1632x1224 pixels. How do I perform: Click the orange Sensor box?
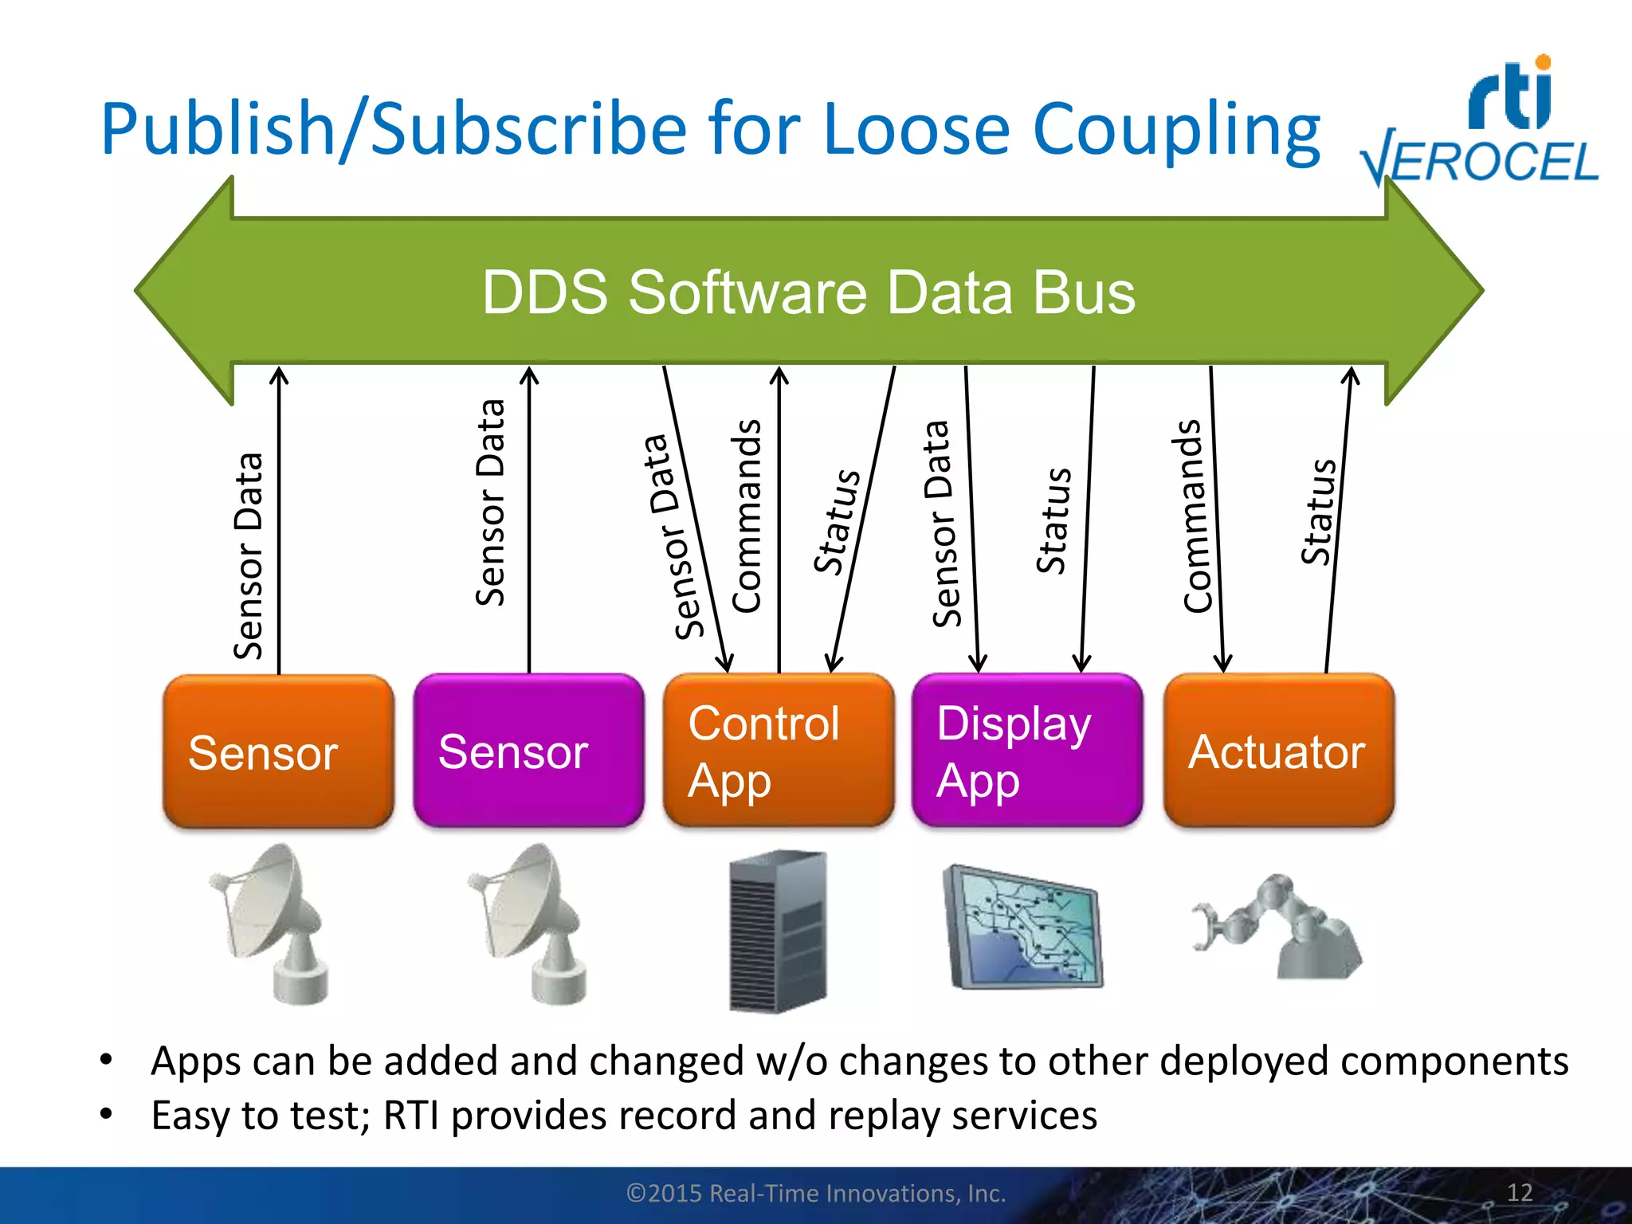point(278,751)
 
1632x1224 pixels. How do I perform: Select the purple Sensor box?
point(528,751)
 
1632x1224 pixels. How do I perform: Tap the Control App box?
point(779,751)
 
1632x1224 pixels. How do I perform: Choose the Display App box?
point(1027,751)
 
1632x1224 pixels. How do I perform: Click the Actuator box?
point(1278,751)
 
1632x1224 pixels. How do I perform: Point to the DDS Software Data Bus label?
point(808,292)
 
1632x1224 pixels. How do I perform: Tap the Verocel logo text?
point(1481,162)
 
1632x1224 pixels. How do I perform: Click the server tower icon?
point(778,931)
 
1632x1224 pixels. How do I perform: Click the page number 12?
point(1520,1193)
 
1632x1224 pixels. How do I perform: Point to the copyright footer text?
point(816,1194)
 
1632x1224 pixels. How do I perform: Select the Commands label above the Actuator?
point(1193,516)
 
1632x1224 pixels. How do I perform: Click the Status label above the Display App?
point(1053,521)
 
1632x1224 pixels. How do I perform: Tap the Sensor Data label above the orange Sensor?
point(248,556)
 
